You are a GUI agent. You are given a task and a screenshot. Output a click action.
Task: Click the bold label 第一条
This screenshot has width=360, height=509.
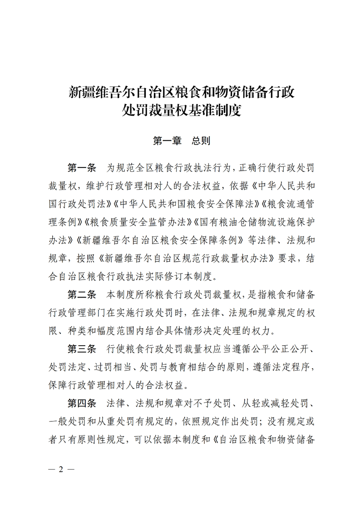click(x=82, y=167)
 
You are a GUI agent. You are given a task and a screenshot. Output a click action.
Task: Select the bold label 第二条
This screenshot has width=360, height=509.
click(x=82, y=294)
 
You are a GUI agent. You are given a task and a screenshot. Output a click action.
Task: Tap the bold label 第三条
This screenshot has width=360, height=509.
click(x=82, y=349)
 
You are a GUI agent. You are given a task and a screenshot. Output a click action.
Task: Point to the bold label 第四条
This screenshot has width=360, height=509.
click(x=82, y=403)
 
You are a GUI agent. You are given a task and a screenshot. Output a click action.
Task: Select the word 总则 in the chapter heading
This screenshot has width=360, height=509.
click(x=201, y=141)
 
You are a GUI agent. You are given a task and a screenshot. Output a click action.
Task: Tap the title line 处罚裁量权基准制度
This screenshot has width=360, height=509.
click(x=180, y=110)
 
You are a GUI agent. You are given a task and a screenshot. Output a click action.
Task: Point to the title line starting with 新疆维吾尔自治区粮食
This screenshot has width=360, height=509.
click(x=180, y=93)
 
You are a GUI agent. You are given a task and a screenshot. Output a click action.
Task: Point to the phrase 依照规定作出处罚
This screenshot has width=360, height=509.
click(x=216, y=421)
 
